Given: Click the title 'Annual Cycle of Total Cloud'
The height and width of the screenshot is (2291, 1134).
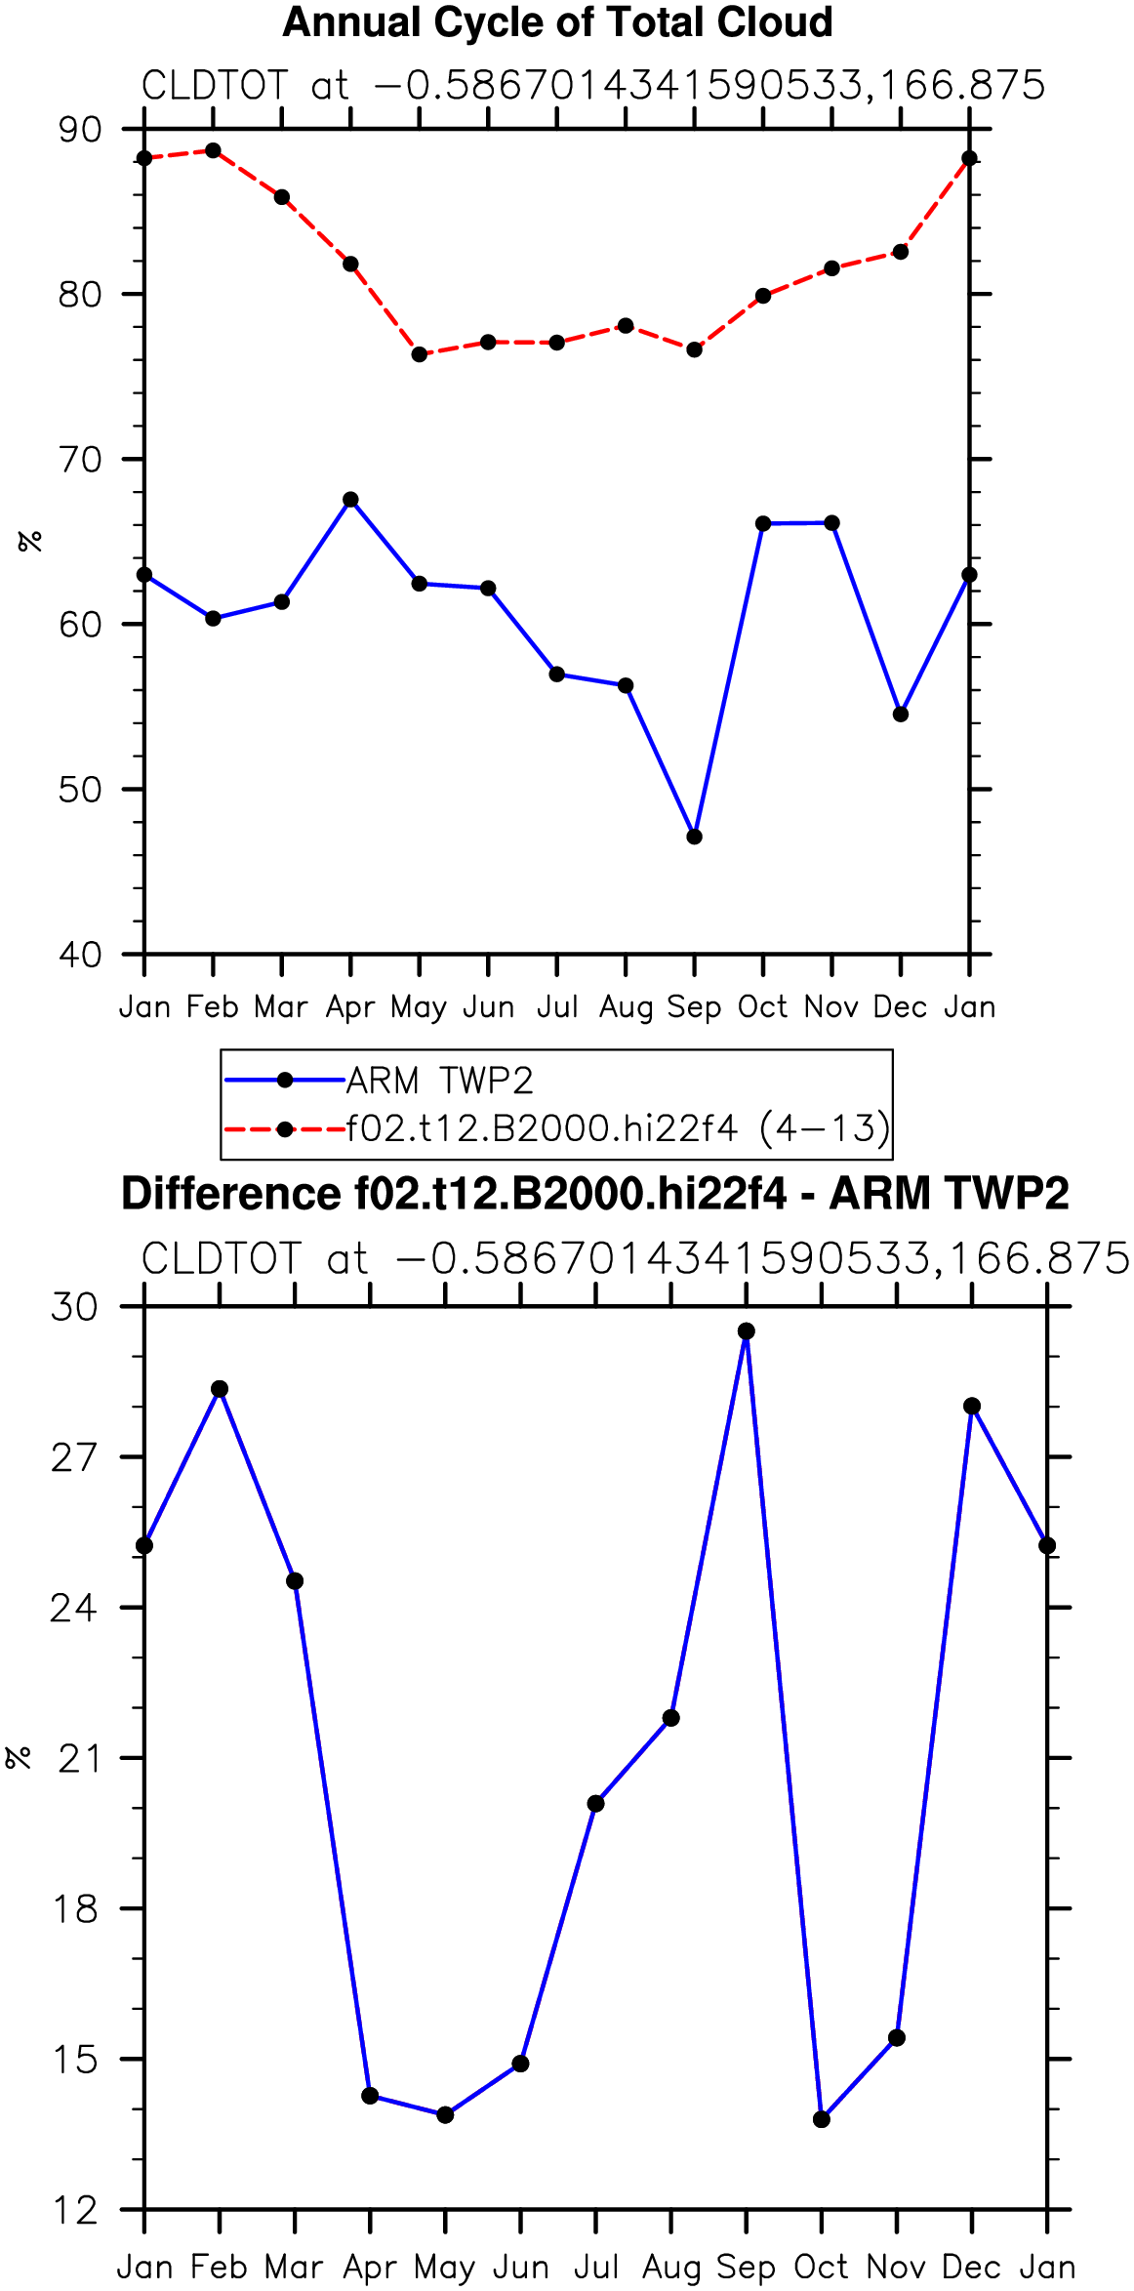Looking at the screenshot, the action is point(557,22).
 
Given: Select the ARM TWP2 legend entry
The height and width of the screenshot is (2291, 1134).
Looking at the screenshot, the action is point(380,1081).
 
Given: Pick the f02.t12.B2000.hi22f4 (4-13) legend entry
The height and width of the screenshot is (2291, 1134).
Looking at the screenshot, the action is point(557,1128).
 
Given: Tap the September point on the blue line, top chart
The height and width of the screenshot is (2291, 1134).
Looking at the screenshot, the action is point(694,837).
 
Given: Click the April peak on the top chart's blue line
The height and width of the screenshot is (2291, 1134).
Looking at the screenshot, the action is point(350,500).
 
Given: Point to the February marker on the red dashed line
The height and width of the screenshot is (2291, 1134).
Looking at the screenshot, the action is point(213,150).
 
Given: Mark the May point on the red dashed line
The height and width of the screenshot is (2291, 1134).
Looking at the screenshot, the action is point(420,354).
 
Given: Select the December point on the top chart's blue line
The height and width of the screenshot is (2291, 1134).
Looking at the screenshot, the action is point(901,715).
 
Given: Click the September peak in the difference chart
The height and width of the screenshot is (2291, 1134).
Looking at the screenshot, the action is point(747,1331).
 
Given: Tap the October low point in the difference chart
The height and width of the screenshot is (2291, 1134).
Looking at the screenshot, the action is point(822,2119).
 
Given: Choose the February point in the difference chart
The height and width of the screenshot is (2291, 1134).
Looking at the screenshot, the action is point(220,1389).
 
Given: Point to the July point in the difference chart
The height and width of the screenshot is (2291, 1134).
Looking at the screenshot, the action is point(595,1804).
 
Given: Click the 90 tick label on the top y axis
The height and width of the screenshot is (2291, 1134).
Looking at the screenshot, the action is point(80,130).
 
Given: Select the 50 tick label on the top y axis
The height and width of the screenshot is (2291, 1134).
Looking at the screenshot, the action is point(80,790).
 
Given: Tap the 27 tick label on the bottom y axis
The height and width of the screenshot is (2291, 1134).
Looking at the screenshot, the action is point(75,1457).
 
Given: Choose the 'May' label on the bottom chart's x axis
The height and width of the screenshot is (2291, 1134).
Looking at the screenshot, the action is point(445,2268).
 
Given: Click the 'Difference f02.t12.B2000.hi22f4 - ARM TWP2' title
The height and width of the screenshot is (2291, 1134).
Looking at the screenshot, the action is point(595,1194).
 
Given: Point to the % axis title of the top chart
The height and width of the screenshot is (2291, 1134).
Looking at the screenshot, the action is point(30,541).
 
